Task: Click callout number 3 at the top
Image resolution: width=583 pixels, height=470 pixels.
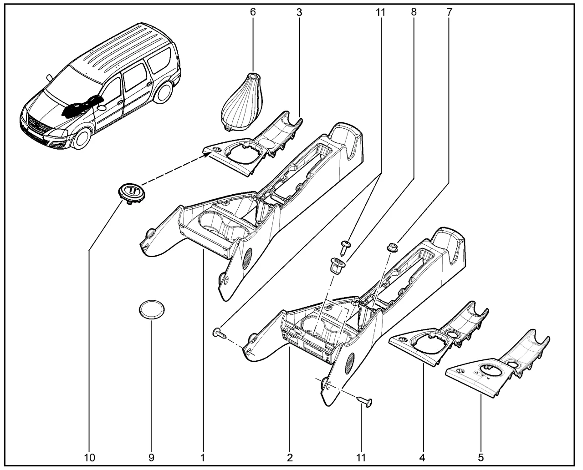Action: pos(299,12)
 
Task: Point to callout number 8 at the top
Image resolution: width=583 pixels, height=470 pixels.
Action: pos(414,12)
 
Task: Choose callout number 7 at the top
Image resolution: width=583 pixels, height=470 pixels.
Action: pos(449,12)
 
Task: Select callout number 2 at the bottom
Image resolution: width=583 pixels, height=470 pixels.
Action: pos(290,456)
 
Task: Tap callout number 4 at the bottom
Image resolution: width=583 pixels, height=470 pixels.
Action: pos(424,456)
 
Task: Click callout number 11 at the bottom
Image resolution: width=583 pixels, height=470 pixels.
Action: pos(361,456)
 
